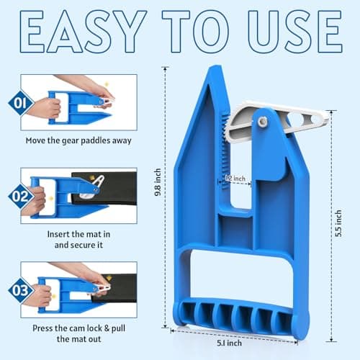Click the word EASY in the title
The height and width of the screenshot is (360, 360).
click(83, 31)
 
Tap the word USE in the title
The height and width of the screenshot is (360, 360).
click(294, 31)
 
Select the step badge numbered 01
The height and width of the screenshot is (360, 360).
click(21, 103)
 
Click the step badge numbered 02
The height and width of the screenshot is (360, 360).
click(21, 197)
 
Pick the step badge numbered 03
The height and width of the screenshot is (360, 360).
click(21, 290)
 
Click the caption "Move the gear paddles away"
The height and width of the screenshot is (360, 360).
click(78, 140)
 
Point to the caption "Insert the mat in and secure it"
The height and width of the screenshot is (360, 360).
click(78, 240)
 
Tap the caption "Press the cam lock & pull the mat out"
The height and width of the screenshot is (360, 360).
click(78, 333)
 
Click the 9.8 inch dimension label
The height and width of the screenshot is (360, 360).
click(158, 182)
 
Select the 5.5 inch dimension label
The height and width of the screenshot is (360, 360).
click(338, 223)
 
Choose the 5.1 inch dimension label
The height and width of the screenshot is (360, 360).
click(229, 343)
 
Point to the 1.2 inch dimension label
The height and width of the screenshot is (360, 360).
click(235, 179)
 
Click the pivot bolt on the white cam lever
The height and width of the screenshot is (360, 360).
click(263, 122)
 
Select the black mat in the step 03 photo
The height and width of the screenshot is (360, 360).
click(115, 288)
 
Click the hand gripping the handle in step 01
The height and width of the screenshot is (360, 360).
click(45, 108)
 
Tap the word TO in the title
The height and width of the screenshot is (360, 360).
click(196, 31)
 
